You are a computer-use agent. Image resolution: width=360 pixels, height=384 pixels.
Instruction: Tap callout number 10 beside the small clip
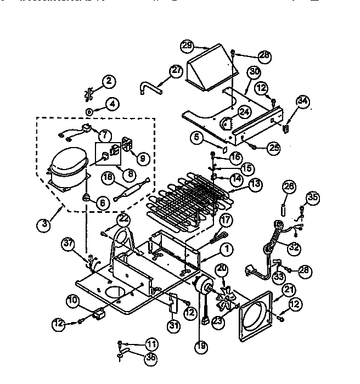(x=73, y=300)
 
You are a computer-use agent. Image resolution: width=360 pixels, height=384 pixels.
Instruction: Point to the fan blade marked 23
(x=224, y=300)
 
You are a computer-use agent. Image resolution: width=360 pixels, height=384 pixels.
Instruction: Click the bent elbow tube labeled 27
(x=148, y=87)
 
